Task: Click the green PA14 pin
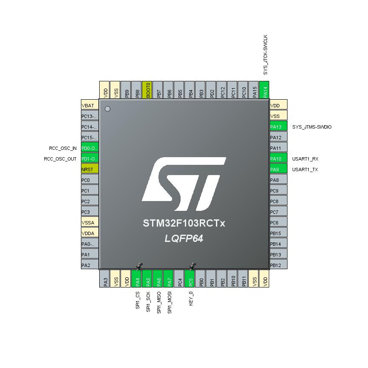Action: (264, 90)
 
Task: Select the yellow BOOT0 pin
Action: (147, 90)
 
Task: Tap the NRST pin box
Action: (89, 170)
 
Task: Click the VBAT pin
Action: (89, 106)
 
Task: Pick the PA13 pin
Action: (279, 127)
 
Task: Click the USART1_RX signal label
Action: (305, 159)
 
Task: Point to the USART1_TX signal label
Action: (305, 170)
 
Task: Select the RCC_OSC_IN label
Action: (63, 148)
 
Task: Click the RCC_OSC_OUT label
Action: (60, 159)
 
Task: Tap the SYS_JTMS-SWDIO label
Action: (312, 127)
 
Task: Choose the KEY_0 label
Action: (191, 298)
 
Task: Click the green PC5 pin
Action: (190, 279)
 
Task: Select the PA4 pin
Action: (137, 279)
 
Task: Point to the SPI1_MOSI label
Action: (170, 302)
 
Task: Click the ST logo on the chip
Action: (184, 184)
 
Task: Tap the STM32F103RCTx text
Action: (184, 223)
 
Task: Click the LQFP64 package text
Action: (184, 239)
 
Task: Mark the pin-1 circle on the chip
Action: (107, 109)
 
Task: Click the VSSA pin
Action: (89, 223)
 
